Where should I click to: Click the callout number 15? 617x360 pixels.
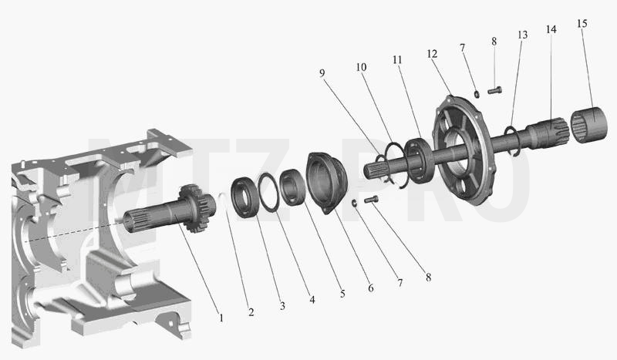click(x=582, y=24)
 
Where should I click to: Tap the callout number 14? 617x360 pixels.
click(x=551, y=29)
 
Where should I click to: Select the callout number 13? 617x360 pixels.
click(x=522, y=35)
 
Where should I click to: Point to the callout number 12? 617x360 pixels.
click(x=432, y=53)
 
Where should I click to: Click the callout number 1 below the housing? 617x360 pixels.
click(x=221, y=318)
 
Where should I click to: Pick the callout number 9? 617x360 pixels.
click(x=322, y=72)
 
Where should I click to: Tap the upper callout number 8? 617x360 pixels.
click(x=494, y=42)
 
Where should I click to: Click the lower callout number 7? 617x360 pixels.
click(x=400, y=282)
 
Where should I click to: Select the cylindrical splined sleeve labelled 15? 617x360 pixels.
click(x=589, y=125)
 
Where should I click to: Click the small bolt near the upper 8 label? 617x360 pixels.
click(x=495, y=90)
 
